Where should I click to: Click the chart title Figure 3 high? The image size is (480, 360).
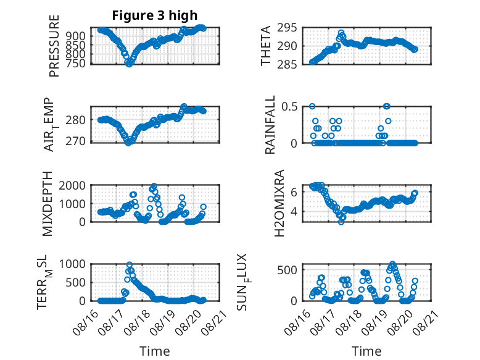click(x=155, y=15)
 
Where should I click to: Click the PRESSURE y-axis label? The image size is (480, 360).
click(x=54, y=46)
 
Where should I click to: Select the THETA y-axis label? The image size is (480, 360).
click(x=266, y=46)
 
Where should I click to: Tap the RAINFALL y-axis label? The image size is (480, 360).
click(x=270, y=125)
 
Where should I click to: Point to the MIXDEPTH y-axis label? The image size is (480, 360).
click(x=48, y=204)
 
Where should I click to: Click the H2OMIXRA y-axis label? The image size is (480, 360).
click(x=279, y=203)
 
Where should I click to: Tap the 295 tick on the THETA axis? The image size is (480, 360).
click(x=287, y=28)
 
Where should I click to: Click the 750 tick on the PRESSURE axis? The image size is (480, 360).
click(x=76, y=63)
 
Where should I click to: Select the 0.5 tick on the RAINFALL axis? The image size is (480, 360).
click(x=289, y=107)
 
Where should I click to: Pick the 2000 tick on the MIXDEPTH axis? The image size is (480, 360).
click(x=72, y=185)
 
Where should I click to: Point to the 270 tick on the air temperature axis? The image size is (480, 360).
click(x=76, y=141)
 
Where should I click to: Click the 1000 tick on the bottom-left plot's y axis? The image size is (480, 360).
click(x=72, y=264)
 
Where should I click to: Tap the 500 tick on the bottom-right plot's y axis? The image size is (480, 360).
click(x=287, y=270)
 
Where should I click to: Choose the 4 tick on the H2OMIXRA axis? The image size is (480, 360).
click(x=294, y=211)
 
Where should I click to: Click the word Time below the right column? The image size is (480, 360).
click(x=366, y=351)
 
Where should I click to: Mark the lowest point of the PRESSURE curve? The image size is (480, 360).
click(x=129, y=64)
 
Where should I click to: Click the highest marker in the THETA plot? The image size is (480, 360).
click(x=341, y=33)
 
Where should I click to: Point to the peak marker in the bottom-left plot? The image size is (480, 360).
click(x=130, y=264)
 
